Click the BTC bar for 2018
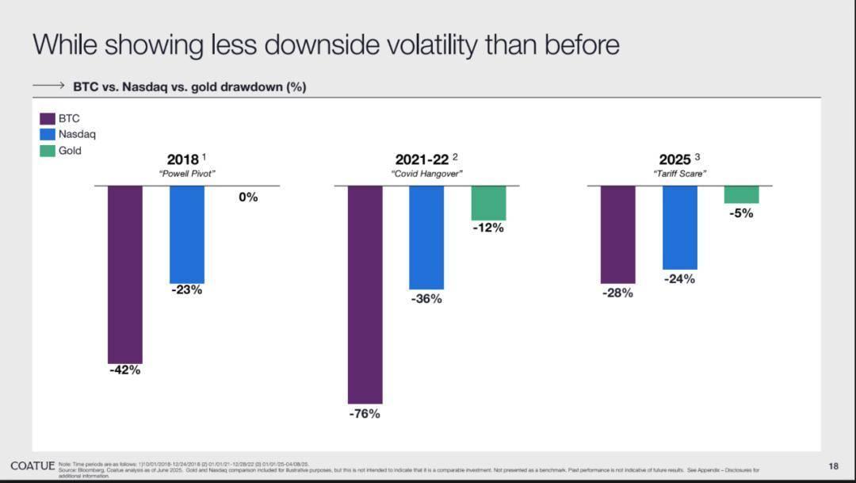125,274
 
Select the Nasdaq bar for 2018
187,235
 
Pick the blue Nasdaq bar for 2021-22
426,238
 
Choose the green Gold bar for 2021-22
488,203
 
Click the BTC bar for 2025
617,235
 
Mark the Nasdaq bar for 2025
680,228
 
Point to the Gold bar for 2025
741,194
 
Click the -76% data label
365,414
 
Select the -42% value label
125,370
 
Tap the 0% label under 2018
248,197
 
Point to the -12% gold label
488,228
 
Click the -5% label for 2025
741,213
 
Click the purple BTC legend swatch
48,119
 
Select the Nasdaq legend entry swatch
48,135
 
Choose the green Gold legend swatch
48,151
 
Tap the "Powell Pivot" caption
188,174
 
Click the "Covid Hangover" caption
426,174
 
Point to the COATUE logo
32,466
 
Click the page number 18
833,466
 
